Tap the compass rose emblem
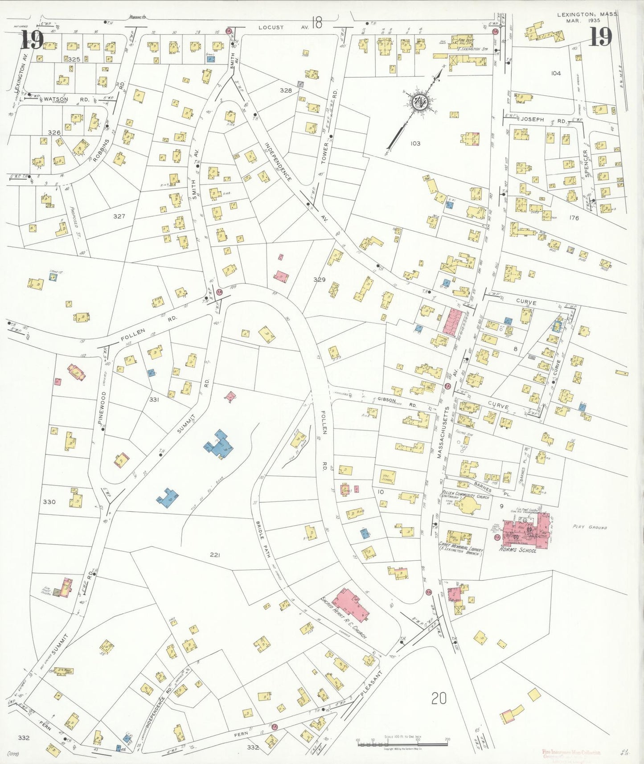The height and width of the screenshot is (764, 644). [419, 103]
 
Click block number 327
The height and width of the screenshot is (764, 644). [119, 216]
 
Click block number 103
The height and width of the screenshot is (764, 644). [415, 144]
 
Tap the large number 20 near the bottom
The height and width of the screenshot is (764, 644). [439, 698]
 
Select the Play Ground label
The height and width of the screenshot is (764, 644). [590, 527]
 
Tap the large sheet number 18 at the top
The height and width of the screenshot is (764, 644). [317, 23]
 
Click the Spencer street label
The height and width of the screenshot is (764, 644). [587, 163]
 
